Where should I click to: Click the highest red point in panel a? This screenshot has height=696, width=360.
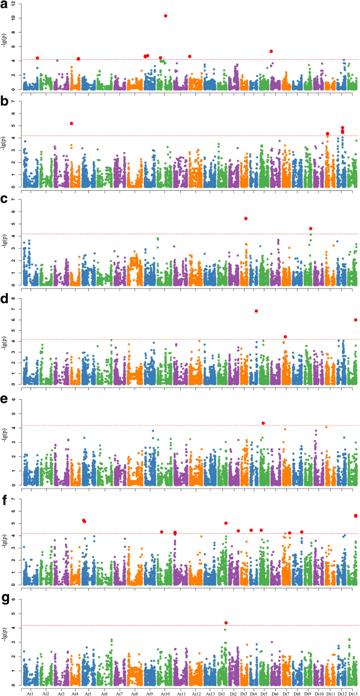point(166,16)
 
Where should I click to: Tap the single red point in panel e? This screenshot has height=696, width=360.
point(263,423)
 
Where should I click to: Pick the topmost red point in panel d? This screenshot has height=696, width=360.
point(256,311)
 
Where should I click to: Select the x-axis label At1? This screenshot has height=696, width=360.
point(30,693)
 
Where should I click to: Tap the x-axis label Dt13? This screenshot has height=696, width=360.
point(352,693)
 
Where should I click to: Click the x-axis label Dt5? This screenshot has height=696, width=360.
point(264,693)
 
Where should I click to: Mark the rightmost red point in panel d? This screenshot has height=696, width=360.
point(356,320)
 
